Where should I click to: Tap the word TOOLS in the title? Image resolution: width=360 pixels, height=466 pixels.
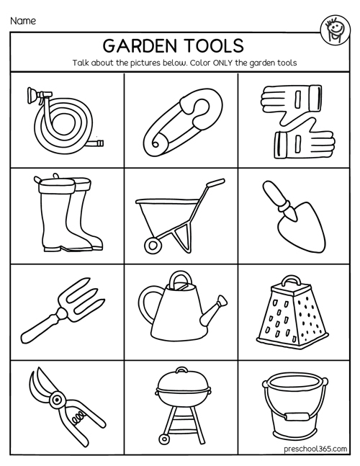pos(215,46)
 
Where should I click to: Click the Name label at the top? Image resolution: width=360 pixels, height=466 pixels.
pos(23,21)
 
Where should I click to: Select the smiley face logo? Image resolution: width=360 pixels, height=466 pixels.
pos(336,30)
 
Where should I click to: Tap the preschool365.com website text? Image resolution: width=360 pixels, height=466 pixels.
pos(315,449)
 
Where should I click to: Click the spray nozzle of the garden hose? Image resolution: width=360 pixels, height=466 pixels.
pos(38,95)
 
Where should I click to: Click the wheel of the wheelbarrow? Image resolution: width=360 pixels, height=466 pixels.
pos(153,246)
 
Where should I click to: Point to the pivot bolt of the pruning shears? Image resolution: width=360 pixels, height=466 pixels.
pos(56,400)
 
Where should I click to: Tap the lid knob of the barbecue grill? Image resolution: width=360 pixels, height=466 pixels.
pos(181,370)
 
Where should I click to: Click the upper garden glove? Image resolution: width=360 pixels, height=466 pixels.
pos(291,99)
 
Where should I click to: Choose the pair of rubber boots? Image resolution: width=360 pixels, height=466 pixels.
pos(67,213)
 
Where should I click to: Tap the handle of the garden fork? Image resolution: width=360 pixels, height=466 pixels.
pos(40,328)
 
